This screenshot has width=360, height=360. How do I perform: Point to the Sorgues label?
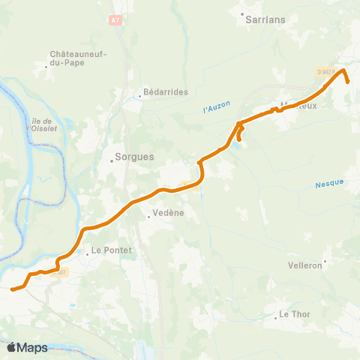point(133,157)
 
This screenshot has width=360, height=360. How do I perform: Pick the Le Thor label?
point(295,313)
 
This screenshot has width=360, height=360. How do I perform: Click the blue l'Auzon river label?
point(216,109)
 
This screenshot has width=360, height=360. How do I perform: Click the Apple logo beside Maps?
point(13,347)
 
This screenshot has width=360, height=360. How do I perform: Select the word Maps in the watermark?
point(34,347)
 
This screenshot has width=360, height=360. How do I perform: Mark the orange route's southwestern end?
point(13,288)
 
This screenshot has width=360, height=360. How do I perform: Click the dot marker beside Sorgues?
point(112,157)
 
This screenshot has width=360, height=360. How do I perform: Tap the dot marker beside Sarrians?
point(241,13)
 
